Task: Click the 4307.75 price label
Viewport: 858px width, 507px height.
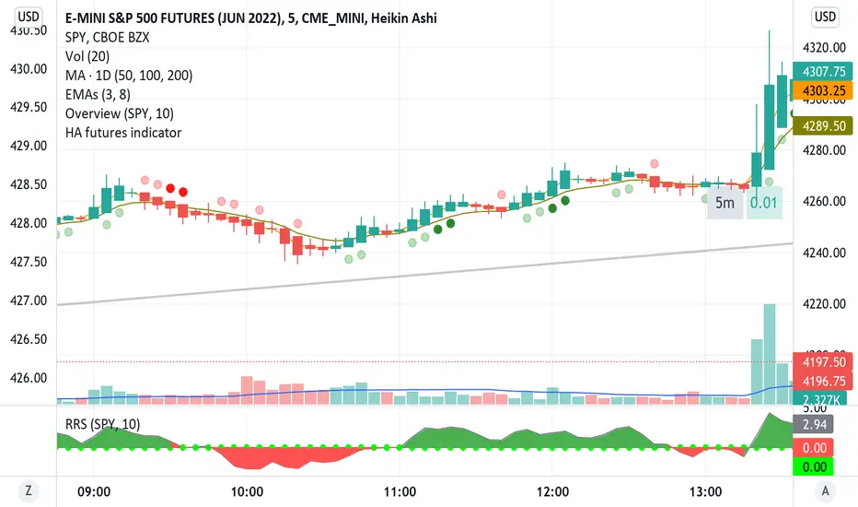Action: (x=824, y=71)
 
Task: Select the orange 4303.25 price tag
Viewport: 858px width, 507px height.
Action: (x=824, y=92)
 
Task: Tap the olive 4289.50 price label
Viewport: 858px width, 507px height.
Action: (x=824, y=124)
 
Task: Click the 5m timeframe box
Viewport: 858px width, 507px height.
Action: (x=725, y=203)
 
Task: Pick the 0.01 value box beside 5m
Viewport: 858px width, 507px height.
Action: (x=764, y=203)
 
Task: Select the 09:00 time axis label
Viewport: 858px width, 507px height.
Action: (x=95, y=491)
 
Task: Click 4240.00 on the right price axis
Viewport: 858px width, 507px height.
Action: (x=824, y=253)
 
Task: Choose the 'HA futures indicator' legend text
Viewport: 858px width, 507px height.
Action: (x=123, y=133)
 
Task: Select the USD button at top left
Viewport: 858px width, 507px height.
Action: (x=29, y=16)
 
